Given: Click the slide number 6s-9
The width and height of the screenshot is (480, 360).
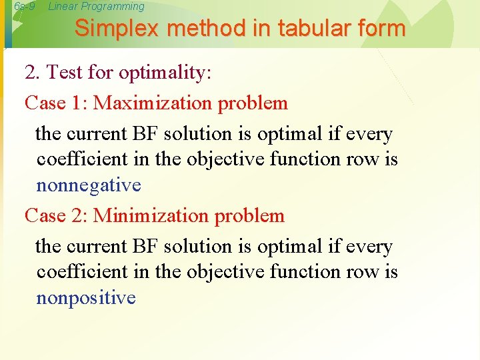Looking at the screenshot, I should coord(24,7).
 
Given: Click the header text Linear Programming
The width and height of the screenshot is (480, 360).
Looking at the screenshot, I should coord(96,7).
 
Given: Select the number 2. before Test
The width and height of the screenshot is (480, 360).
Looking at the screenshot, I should coord(32,72).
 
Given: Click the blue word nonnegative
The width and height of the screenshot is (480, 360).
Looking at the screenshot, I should coord(89,185).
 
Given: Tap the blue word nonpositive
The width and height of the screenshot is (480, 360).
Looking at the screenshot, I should coord(86,297).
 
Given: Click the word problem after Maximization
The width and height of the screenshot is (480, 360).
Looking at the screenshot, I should coord(257,103).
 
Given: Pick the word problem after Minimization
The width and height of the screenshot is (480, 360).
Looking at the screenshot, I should coord(254,216).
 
